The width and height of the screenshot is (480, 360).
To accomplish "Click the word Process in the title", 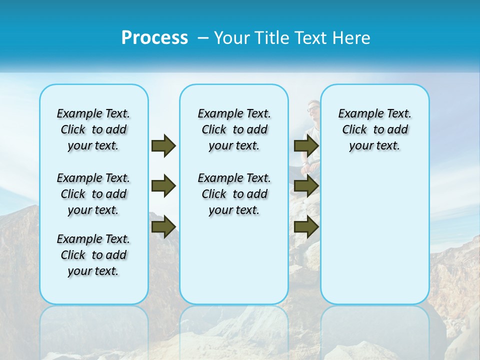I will tap(154, 38).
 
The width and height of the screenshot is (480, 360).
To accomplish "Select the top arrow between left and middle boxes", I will tap(163, 145).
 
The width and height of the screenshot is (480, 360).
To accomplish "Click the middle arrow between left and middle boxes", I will tap(163, 186).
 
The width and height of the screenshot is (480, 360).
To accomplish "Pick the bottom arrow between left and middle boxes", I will tap(163, 227).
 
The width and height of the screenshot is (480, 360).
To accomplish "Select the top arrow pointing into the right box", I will tap(306, 145).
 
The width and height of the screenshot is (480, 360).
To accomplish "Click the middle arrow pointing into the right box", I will tap(306, 186).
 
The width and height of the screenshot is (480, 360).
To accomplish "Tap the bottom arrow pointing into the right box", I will tap(306, 227).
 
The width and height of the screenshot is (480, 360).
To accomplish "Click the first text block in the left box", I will tap(93, 129).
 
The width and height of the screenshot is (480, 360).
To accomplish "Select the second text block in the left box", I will tap(93, 194).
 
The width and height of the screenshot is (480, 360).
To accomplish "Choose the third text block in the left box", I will tap(93, 255).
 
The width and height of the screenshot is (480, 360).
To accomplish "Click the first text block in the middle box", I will tap(234, 129).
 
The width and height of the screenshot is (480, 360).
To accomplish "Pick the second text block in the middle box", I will tap(234, 194).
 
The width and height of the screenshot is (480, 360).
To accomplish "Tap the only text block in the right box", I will tap(374, 129).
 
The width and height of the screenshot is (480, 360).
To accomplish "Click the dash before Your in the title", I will tap(203, 38).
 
